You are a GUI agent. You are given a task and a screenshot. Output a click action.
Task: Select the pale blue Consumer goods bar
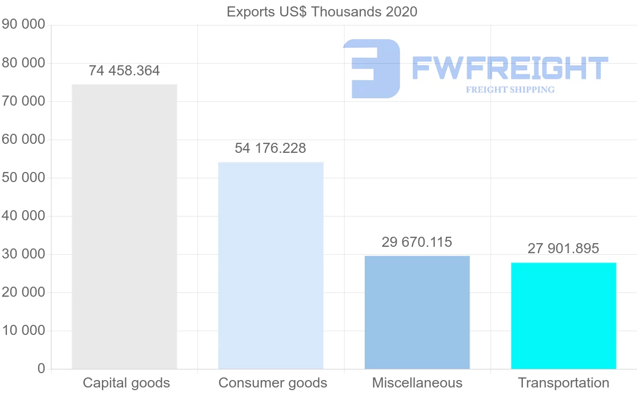coord(271,265)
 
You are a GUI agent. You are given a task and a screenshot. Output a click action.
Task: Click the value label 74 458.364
coord(124,71)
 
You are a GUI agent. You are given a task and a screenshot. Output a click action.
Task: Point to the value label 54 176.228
coord(270,148)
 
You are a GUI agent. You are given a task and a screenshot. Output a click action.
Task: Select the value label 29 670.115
coord(417,243)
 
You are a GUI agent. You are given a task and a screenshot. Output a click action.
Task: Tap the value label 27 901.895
coord(563,248)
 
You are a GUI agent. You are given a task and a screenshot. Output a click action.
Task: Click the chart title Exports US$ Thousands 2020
coord(322,12)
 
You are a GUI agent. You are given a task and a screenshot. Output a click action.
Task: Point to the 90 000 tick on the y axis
coord(23,25)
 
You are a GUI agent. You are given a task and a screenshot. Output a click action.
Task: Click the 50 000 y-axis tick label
coord(23,178)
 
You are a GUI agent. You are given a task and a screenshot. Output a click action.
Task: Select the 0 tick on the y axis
coord(41,369)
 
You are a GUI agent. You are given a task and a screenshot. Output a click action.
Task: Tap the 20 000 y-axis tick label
coord(23,292)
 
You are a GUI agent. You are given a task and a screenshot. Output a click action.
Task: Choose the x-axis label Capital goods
coord(126,383)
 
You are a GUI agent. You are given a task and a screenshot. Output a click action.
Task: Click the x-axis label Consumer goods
coord(273,383)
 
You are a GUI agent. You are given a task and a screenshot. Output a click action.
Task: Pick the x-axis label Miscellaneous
coord(417,383)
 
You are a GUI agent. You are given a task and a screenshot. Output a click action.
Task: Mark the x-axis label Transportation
coord(564,383)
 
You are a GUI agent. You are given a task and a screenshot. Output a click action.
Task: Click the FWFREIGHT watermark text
coord(510,68)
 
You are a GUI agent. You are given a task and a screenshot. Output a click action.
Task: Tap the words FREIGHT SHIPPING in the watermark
coord(510,90)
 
